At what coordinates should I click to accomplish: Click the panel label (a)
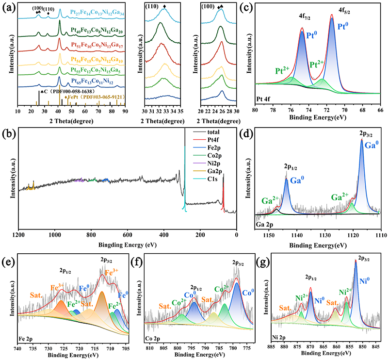pyautogui.click(x=8, y=7)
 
